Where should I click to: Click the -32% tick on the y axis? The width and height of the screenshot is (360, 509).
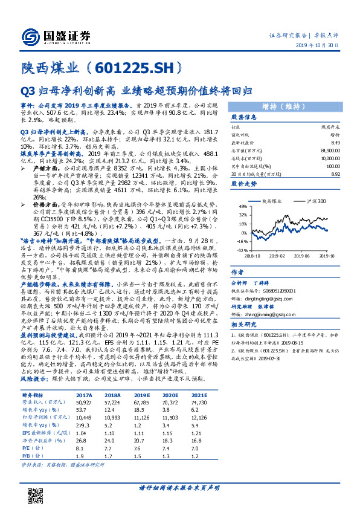point(242,250)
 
